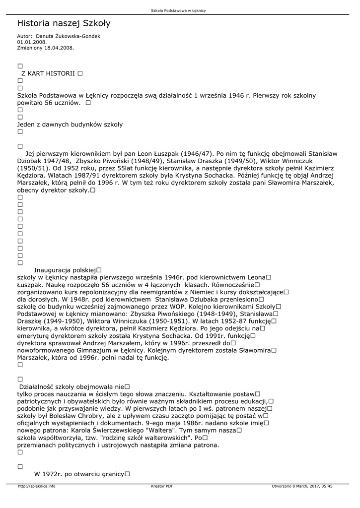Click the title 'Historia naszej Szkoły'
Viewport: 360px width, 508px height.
[x=64, y=23]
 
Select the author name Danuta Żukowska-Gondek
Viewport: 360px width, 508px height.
[x=68, y=37]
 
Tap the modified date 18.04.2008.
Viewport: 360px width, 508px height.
[x=60, y=48]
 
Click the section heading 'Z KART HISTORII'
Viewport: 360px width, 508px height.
[x=48, y=73]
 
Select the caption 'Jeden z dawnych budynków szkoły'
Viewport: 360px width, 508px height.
[x=70, y=125]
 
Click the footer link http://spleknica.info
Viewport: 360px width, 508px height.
[x=37, y=486]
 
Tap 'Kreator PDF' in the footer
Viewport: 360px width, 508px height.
[x=162, y=486]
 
